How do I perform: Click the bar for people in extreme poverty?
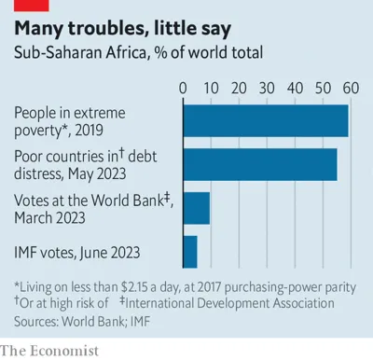coord(266,121)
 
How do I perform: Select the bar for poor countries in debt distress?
coord(260,164)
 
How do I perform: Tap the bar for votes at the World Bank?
coord(196,208)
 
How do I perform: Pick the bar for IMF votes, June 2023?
coord(189,251)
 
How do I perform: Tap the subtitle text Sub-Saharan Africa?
coord(77,54)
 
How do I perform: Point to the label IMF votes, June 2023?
coord(77,251)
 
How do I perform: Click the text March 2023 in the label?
coord(50,217)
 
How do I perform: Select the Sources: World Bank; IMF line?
coord(82,320)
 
